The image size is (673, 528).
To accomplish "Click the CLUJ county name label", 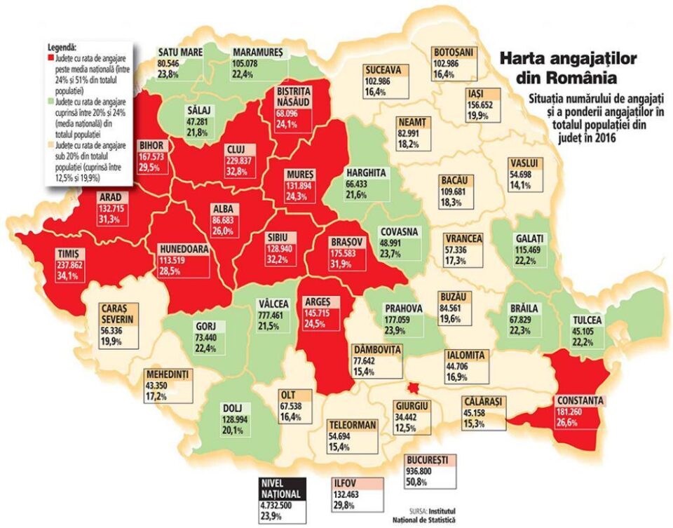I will coord(234,149).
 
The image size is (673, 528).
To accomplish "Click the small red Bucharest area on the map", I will coord(414,388).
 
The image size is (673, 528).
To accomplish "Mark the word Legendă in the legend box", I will coord(64,44).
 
